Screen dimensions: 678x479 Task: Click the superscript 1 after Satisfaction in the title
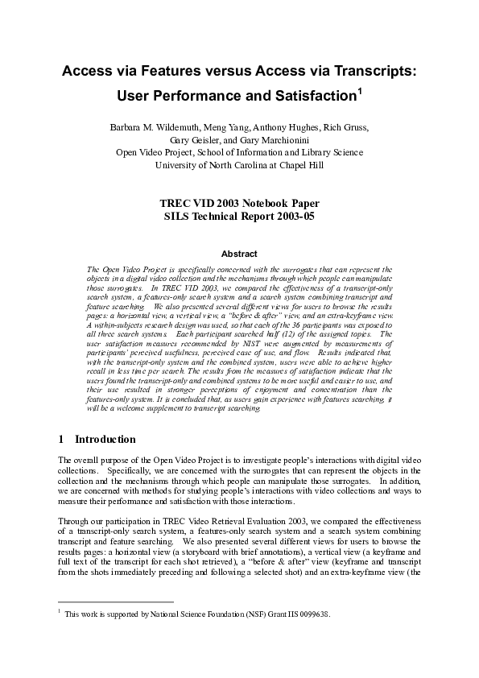(360, 93)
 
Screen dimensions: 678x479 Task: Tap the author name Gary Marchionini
(276, 139)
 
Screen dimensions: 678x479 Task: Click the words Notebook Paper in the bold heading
(278, 205)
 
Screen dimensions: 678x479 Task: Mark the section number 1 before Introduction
(62, 440)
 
